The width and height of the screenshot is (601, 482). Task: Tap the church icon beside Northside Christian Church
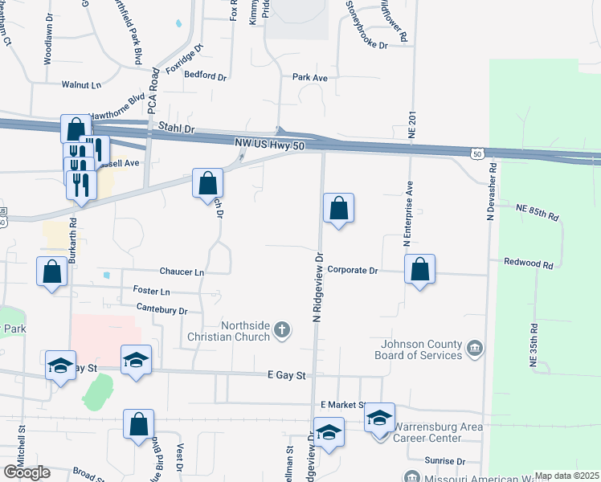click(x=282, y=329)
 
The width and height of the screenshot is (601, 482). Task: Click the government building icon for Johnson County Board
click(x=475, y=348)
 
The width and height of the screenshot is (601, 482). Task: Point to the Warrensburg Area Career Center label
click(x=438, y=432)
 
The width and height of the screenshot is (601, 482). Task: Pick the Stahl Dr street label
click(x=177, y=129)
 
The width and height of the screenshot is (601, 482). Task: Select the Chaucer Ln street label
click(x=182, y=272)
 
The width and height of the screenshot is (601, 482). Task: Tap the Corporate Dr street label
click(x=353, y=271)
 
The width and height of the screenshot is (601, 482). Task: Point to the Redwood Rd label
click(x=529, y=263)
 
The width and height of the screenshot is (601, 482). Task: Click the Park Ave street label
click(x=310, y=78)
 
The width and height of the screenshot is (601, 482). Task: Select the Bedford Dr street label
click(x=206, y=76)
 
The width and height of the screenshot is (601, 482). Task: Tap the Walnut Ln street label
click(x=82, y=84)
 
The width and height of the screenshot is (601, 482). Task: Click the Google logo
click(x=27, y=472)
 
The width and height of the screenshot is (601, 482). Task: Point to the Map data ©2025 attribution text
click(x=566, y=476)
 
